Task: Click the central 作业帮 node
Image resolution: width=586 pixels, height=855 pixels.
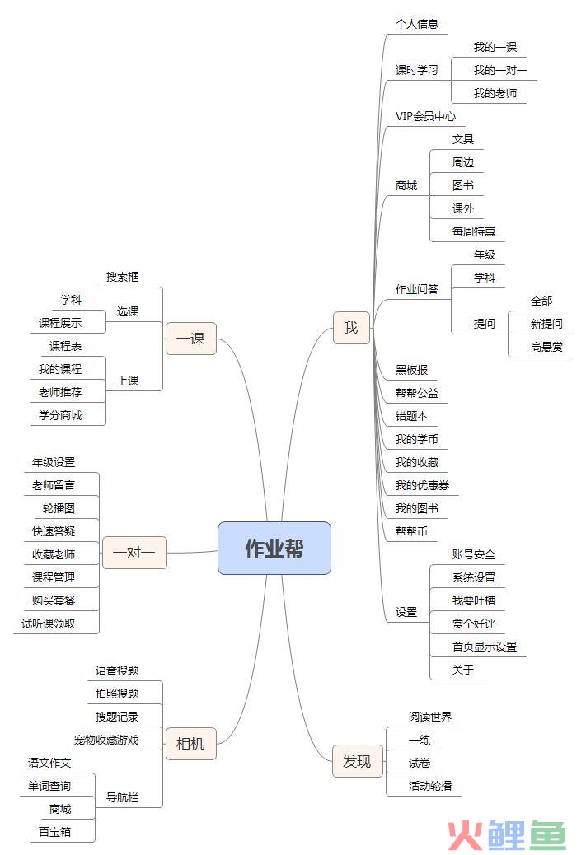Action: (274, 548)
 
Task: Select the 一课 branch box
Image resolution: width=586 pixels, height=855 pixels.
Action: (191, 339)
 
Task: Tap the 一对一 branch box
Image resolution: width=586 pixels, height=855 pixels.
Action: (134, 553)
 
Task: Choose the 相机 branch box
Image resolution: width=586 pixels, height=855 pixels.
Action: (191, 744)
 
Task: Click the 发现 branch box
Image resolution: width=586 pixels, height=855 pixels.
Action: (358, 761)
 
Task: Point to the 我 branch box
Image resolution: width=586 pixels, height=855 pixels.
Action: (351, 328)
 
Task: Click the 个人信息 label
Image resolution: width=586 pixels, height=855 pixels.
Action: (417, 24)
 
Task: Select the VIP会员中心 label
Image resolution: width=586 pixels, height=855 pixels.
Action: (425, 116)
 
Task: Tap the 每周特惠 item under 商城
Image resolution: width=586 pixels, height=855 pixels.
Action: (474, 231)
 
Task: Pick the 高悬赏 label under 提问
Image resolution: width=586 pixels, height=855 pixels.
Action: (546, 347)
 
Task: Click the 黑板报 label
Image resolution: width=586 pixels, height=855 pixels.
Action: (411, 370)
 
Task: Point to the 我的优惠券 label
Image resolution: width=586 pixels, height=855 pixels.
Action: (422, 485)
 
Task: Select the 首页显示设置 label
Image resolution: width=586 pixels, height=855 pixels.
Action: (485, 647)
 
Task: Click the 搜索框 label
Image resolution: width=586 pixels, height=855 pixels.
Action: (122, 277)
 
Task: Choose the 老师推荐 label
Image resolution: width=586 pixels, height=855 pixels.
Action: (60, 393)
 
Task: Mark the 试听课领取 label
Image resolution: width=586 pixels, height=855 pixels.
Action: (48, 624)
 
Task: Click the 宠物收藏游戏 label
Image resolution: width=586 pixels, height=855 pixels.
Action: (106, 740)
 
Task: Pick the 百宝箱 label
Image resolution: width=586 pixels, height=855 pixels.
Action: (54, 832)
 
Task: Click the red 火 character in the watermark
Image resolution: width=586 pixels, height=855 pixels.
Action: (466, 835)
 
